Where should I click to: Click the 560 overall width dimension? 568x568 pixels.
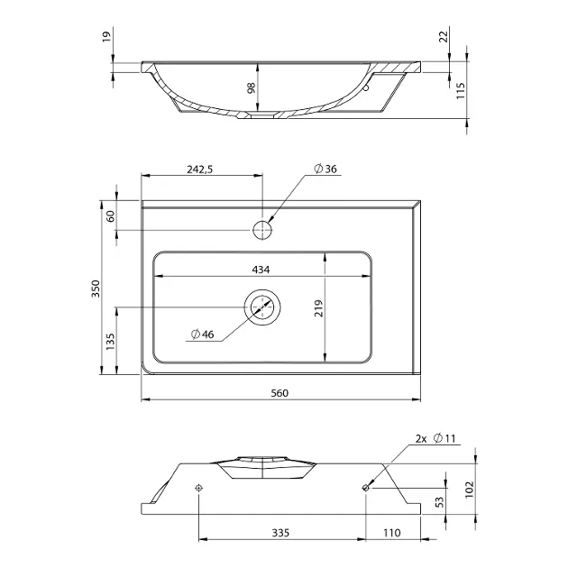[x=279, y=393]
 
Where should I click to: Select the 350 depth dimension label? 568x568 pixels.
[x=96, y=289]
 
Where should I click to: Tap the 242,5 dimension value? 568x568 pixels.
[x=200, y=169]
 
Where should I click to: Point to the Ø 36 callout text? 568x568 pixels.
[x=325, y=169]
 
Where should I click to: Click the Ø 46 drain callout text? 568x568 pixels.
[x=203, y=334]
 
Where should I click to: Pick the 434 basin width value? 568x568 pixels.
[x=261, y=270]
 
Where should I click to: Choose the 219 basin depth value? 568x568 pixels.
[x=318, y=308]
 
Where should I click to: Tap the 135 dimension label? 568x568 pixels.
[x=110, y=341]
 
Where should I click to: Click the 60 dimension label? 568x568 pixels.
[x=111, y=216]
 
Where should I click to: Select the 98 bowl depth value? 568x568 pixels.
[x=251, y=88]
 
